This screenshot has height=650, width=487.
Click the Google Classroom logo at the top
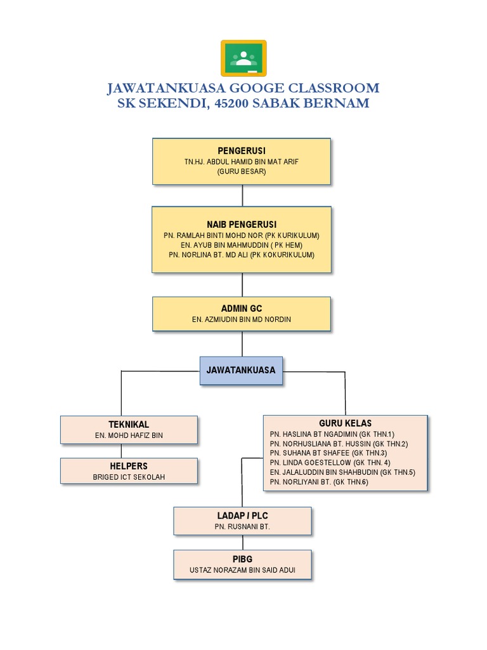[x=243, y=58]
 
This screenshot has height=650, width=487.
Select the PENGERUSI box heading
[x=242, y=150]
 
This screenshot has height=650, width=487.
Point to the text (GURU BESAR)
[x=242, y=171]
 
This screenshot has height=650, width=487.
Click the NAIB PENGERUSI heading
[x=242, y=225]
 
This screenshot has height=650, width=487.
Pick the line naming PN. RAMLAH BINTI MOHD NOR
[x=242, y=235]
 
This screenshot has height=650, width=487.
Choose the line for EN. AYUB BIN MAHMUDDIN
[x=242, y=245]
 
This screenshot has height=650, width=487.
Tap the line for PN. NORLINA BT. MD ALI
[x=242, y=255]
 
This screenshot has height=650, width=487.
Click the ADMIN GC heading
[x=242, y=308]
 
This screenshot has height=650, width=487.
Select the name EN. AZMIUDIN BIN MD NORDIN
[x=242, y=319]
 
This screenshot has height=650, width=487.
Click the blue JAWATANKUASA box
[x=242, y=369]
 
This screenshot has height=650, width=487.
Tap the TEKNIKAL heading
[x=129, y=424]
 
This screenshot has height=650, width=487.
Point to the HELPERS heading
[x=129, y=467]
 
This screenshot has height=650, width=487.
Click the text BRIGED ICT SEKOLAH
[x=129, y=477]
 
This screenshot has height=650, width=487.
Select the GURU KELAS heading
[x=346, y=423]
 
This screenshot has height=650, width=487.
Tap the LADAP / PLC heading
[x=242, y=515]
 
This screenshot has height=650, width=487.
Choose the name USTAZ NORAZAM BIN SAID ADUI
[x=242, y=570]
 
